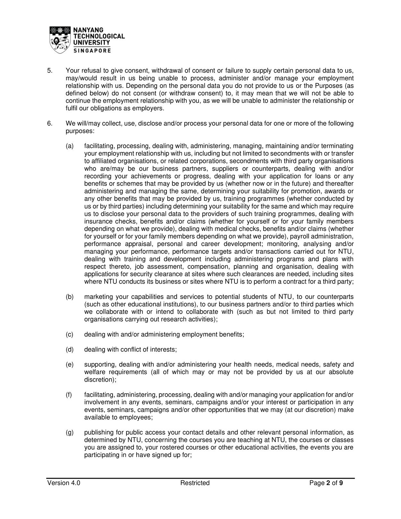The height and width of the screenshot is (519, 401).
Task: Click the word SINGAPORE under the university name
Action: click(x=92, y=51)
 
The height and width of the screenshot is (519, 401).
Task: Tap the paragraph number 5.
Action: click(x=49, y=71)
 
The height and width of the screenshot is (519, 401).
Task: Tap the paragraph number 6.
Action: click(x=49, y=123)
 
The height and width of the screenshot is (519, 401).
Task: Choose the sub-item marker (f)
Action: click(x=69, y=395)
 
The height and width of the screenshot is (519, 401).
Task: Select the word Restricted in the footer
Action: click(x=195, y=483)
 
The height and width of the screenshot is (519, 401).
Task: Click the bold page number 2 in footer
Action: click(x=328, y=483)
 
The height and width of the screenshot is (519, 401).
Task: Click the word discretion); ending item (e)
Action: click(x=100, y=379)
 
